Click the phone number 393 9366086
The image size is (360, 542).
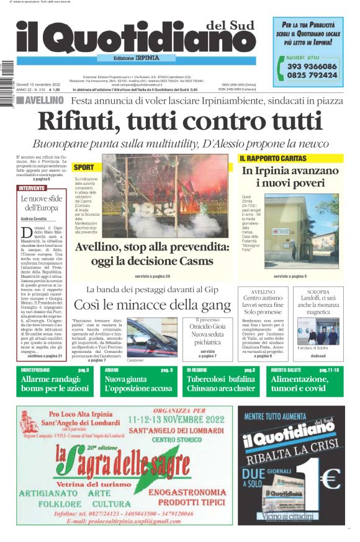tap(312, 66)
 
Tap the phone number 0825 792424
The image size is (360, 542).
tap(312, 75)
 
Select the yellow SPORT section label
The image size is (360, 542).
tap(84, 167)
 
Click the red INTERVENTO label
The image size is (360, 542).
tap(32, 188)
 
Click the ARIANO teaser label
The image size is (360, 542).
tap(111, 370)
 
